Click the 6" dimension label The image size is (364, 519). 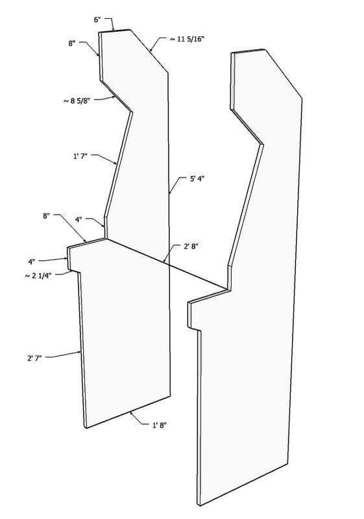(97, 20)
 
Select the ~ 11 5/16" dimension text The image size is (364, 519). (187, 39)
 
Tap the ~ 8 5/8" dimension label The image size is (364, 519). (77, 101)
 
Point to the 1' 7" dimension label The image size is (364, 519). (80, 156)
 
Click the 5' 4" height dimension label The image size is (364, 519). (197, 179)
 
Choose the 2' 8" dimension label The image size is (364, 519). (191, 247)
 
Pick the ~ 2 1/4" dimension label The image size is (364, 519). (38, 275)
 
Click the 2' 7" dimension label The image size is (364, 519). (34, 358)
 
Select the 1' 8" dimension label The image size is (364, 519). (159, 426)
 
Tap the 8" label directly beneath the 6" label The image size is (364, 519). (72, 43)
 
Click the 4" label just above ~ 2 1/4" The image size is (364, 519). (31, 261)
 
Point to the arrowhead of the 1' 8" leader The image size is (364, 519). (132, 413)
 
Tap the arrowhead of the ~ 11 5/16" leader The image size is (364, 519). (151, 51)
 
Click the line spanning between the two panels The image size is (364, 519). (167, 264)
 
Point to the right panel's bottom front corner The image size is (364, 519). (200, 506)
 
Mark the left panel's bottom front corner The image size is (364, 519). (86, 428)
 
